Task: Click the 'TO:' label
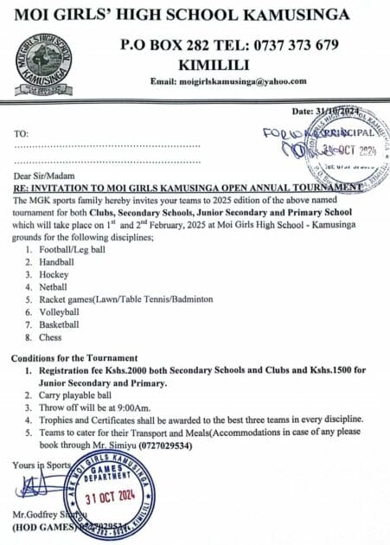(x=21, y=134)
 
